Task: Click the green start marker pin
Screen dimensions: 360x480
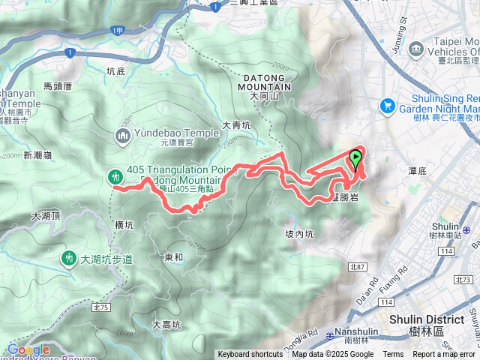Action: [355, 158]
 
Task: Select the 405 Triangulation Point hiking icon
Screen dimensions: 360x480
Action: [115, 176]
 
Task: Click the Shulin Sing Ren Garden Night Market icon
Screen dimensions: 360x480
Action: [388, 106]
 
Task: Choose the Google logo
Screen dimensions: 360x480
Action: [28, 349]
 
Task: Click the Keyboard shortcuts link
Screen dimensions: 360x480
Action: [250, 355]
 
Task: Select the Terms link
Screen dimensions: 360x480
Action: [393, 355]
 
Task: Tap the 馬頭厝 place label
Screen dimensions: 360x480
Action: [57, 86]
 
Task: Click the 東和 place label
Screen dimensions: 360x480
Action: [173, 257]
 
